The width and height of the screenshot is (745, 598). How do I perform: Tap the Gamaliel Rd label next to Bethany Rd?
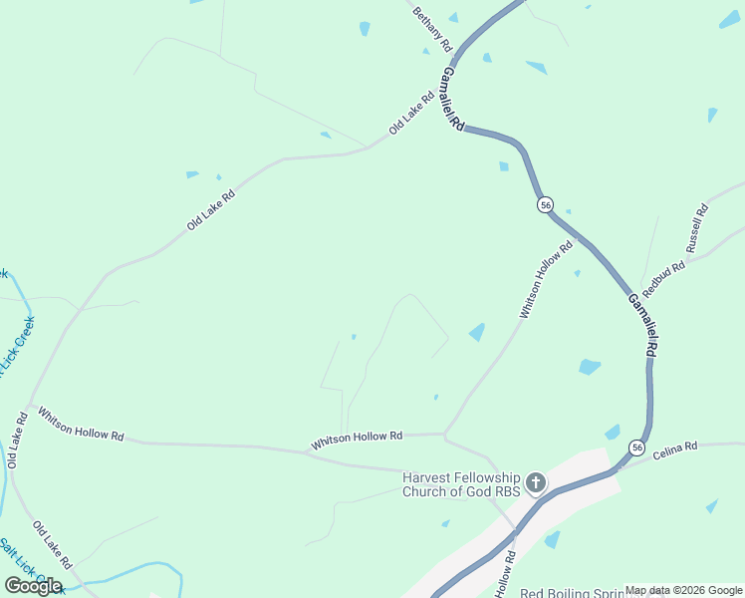coord(453,100)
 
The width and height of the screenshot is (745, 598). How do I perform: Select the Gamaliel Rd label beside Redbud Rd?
coord(642,326)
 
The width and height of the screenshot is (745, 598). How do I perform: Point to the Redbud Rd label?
coord(664,279)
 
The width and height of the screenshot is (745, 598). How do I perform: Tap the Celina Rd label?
coord(676,450)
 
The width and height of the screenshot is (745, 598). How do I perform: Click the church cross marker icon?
coord(536,484)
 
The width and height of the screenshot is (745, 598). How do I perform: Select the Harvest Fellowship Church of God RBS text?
coord(461,483)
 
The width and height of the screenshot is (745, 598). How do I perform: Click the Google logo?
coord(33,585)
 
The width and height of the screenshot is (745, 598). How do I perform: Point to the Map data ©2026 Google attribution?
coord(683,590)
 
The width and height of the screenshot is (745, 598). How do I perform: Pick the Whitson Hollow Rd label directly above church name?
coord(356,439)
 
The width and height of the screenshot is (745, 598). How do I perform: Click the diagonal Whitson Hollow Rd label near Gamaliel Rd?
coord(546,280)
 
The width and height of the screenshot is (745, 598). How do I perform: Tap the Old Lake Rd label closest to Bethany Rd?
coord(411,114)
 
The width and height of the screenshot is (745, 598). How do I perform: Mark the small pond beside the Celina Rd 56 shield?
coord(613,432)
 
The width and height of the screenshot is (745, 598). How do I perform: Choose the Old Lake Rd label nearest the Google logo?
coord(52,544)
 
